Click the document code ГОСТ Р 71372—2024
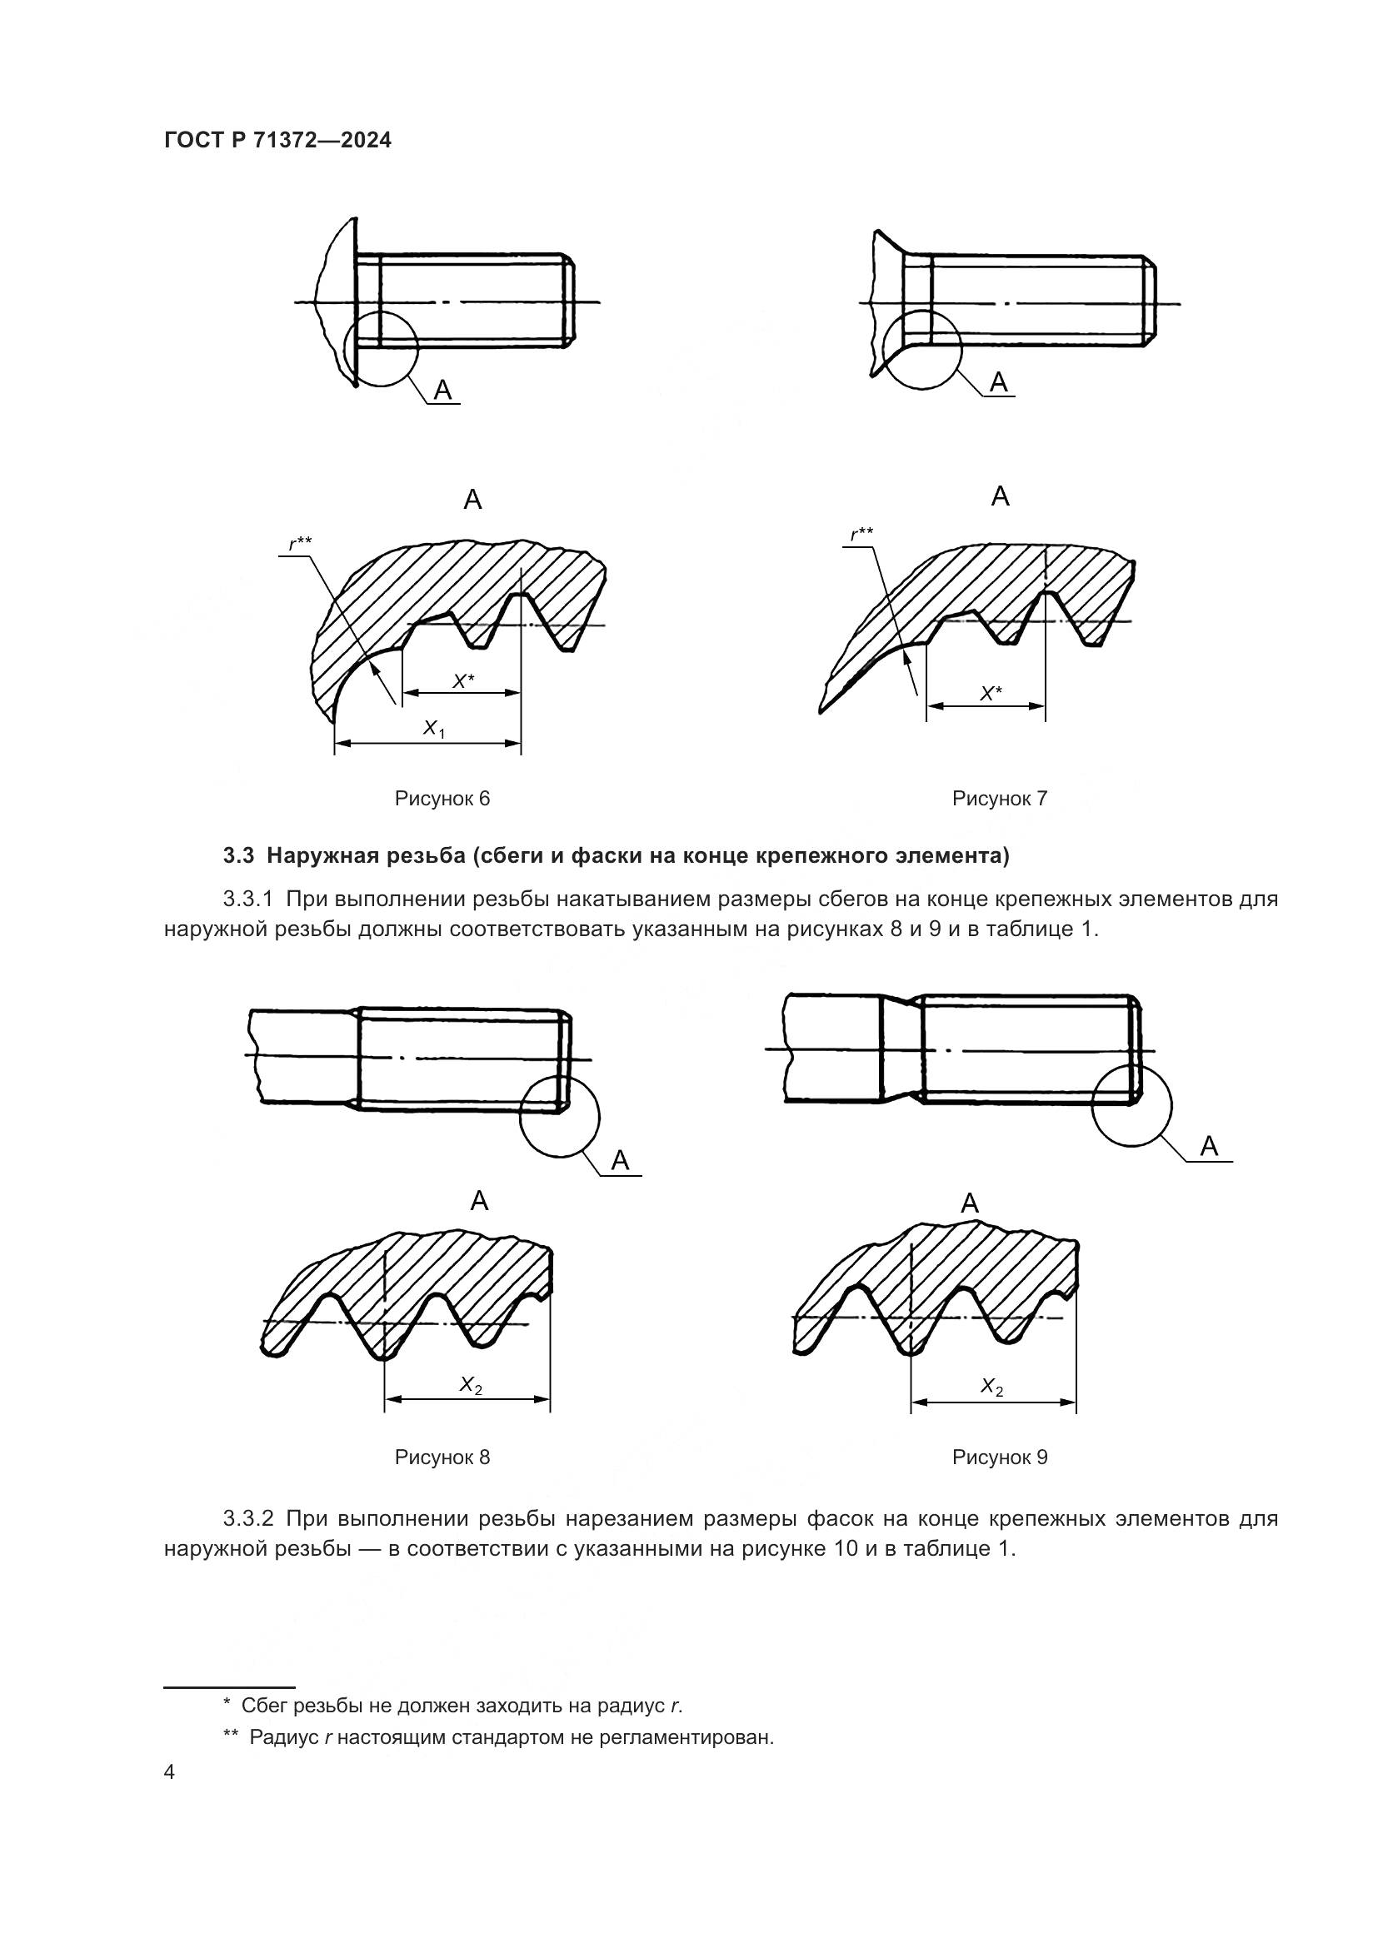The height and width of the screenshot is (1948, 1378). click(277, 140)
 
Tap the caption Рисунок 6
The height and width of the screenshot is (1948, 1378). click(442, 799)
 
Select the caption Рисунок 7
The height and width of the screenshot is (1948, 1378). click(1000, 799)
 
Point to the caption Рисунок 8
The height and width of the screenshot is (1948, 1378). click(442, 1457)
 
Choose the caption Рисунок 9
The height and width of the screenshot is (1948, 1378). click(1000, 1457)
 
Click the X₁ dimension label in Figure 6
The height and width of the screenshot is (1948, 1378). click(433, 728)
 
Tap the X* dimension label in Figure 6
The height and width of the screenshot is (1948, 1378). click(462, 680)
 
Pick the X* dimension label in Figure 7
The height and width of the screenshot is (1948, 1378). click(991, 693)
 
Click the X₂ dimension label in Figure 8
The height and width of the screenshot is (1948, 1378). click(471, 1386)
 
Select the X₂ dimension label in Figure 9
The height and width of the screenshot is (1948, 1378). click(992, 1388)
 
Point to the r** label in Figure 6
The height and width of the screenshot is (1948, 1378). click(300, 543)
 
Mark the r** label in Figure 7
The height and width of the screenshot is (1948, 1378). click(861, 534)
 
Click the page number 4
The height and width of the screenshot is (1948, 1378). click(170, 1772)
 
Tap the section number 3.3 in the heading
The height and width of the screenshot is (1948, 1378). click(238, 856)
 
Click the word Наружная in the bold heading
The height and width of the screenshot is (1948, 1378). click(321, 856)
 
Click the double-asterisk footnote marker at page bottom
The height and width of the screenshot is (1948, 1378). click(230, 1736)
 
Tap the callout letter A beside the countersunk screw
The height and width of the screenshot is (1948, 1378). click(999, 382)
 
